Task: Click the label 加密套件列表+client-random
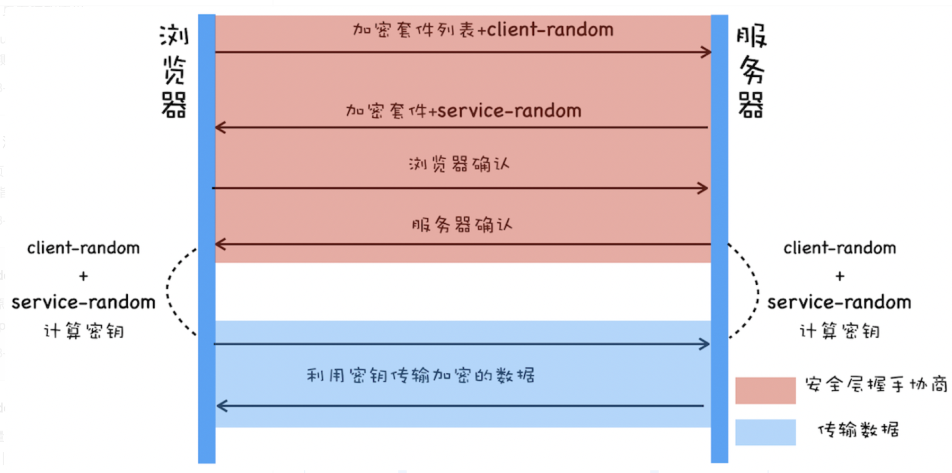[483, 30]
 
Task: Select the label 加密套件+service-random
[463, 111]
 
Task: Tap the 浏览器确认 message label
[459, 164]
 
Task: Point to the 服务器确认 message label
[462, 225]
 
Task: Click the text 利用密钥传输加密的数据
[420, 375]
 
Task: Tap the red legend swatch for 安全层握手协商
[765, 390]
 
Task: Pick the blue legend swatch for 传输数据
[765, 432]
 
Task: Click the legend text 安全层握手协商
[876, 384]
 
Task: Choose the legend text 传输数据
[858, 430]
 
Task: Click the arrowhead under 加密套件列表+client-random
[706, 52]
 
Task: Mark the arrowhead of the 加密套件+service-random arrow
[220, 127]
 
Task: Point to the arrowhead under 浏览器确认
[703, 188]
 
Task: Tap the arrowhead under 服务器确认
[220, 244]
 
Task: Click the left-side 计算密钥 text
[84, 331]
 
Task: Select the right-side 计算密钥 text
[839, 331]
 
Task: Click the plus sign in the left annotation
[83, 276]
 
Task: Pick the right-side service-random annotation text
[839, 302]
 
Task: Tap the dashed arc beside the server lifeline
[756, 291]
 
